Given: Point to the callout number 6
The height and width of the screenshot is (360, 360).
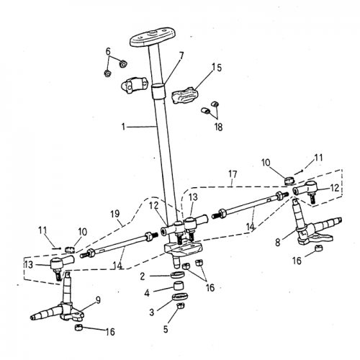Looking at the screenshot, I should [108, 51].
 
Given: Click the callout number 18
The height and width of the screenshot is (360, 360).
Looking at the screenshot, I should [217, 127].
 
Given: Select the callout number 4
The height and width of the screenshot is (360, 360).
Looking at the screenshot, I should [148, 293].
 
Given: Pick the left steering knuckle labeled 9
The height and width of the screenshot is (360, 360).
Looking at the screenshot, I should [61, 307].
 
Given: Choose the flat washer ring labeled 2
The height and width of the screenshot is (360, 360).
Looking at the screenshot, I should [176, 276].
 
